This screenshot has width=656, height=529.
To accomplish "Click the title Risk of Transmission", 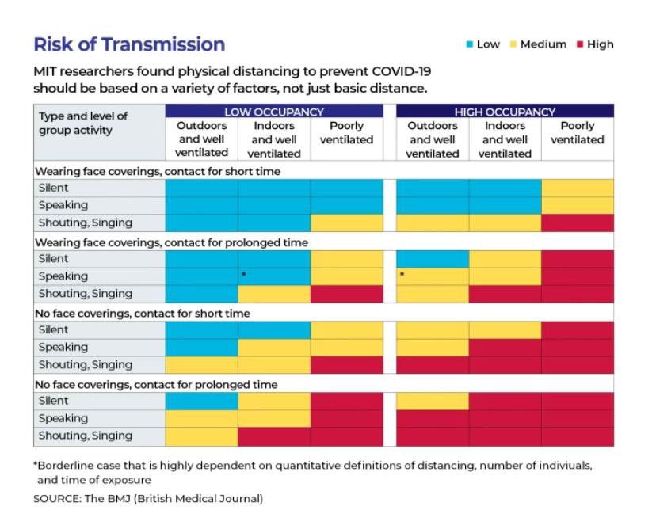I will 129,44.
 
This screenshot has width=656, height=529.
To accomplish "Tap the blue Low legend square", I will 470,44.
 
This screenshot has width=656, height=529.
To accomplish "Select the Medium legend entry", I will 538,44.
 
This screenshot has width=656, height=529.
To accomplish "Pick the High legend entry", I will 595,44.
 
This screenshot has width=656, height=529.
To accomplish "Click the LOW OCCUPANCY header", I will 273,112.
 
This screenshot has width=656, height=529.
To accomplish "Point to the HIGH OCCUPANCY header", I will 505,112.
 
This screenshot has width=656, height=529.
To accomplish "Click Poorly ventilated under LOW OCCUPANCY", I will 346,133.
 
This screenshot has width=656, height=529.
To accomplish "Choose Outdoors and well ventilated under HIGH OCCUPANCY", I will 432,139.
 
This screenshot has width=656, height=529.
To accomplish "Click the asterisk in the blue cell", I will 245,275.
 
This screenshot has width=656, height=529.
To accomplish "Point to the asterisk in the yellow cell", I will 402,275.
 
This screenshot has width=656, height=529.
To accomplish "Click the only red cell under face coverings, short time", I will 578,223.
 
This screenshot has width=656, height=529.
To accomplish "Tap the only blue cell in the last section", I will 201,402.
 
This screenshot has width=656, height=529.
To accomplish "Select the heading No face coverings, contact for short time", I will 143,314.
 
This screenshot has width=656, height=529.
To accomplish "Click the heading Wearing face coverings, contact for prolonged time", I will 171,242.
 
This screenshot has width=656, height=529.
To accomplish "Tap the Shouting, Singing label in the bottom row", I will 86,436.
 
